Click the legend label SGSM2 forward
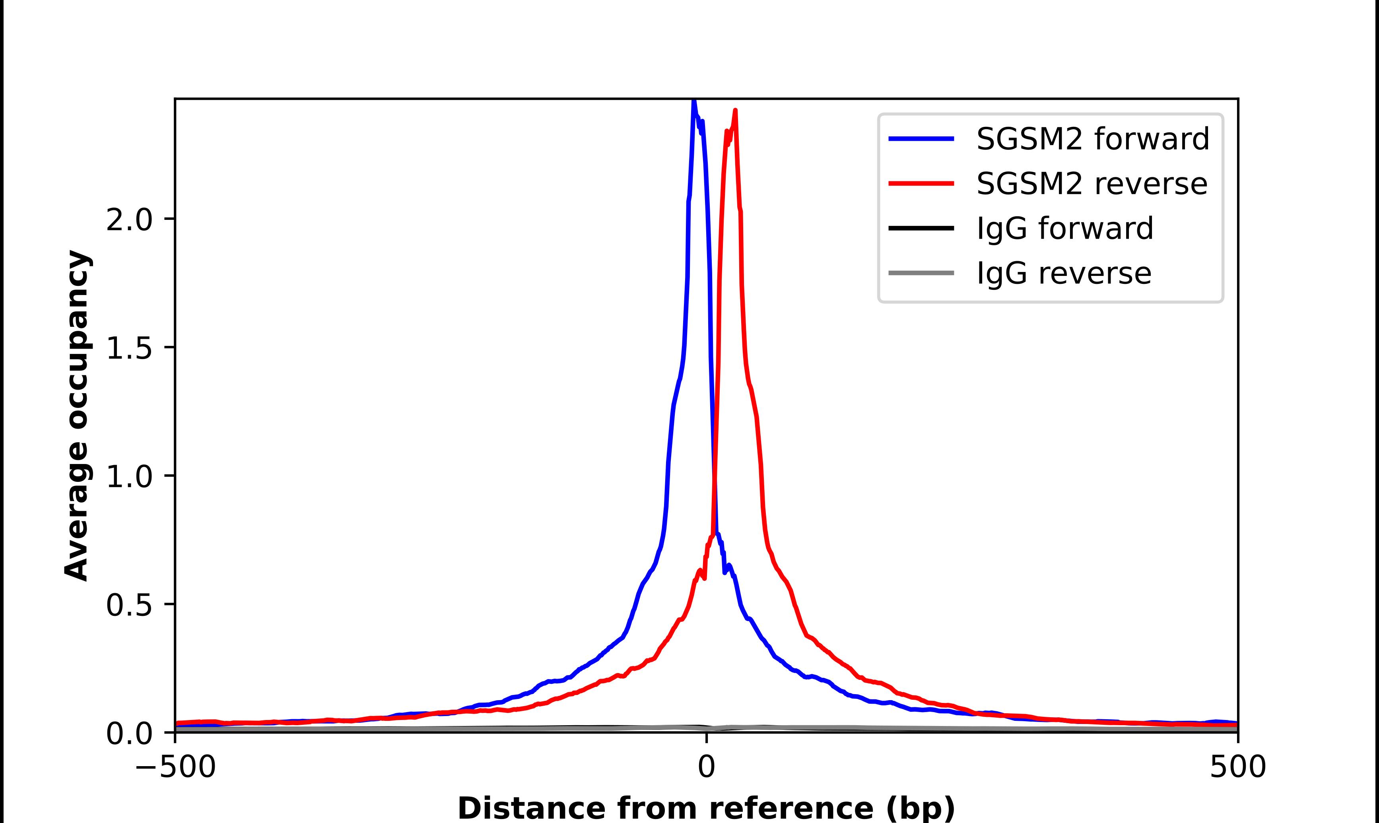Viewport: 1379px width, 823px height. pyautogui.click(x=1092, y=139)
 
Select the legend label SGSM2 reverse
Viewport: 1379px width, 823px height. pyautogui.click(x=1091, y=184)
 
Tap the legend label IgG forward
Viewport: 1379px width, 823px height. pyautogui.click(x=1064, y=229)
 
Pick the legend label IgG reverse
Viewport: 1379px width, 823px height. pyautogui.click(x=1064, y=274)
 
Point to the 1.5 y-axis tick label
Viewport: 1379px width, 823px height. pyautogui.click(x=129, y=349)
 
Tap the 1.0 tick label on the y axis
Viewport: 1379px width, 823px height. pyautogui.click(x=129, y=477)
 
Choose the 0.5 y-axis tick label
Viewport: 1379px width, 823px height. pyautogui.click(x=129, y=606)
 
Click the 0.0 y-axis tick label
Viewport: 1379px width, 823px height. pyautogui.click(x=129, y=734)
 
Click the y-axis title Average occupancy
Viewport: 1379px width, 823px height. pyautogui.click(x=76, y=416)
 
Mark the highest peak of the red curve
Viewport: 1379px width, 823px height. pyautogui.click(x=735, y=111)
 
